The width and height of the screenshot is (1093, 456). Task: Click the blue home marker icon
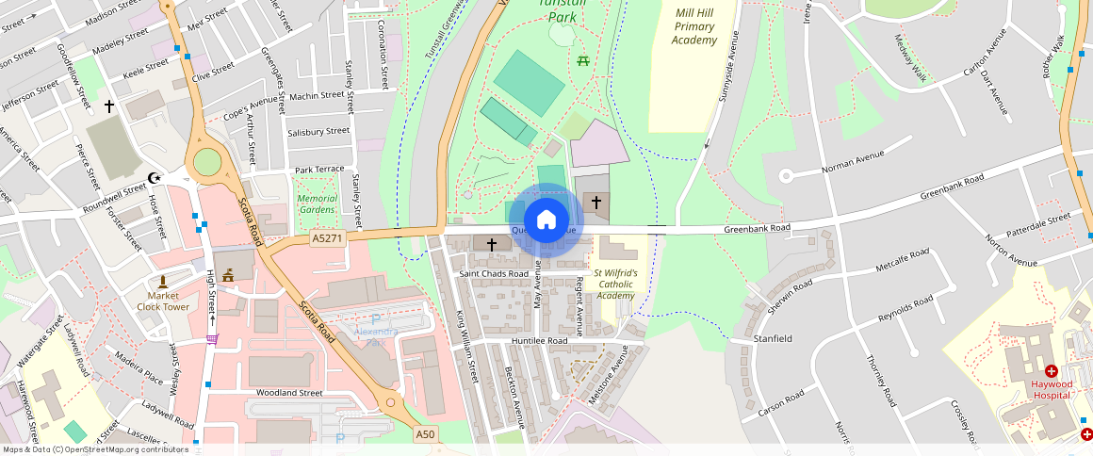coord(546,220)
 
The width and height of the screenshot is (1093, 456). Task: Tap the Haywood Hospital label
coord(1051,389)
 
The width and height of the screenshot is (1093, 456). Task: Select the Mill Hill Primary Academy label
coord(695,26)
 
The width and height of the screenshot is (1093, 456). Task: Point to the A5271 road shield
coord(327,239)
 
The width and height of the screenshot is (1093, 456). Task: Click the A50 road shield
coord(426,433)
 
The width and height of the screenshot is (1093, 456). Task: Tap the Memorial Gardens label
coord(317,204)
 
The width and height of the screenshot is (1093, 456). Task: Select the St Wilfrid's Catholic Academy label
coord(615,284)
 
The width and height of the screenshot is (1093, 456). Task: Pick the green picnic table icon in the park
coord(583,61)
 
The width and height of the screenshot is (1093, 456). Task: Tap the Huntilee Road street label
coord(541,340)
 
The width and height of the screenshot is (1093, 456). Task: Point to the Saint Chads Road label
coord(493,273)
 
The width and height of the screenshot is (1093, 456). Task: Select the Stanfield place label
coord(773,336)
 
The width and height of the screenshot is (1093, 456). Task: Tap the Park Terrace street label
coord(319,170)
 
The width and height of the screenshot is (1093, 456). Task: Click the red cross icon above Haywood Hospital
coord(1052,371)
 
